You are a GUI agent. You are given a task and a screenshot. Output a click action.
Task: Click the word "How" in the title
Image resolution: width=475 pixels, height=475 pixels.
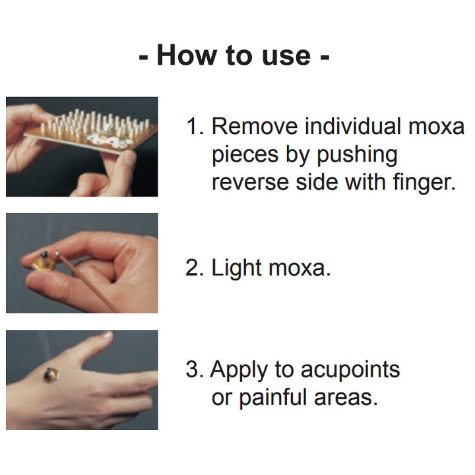pyautogui.click(x=187, y=55)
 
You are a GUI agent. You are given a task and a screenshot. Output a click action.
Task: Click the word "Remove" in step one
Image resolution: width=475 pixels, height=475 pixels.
pyautogui.click(x=255, y=126)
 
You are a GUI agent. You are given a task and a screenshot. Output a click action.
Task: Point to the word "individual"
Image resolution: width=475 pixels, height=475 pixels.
pyautogui.click(x=353, y=125)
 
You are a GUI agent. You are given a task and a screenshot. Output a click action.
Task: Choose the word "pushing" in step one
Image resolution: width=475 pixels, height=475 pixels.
pyautogui.click(x=357, y=156)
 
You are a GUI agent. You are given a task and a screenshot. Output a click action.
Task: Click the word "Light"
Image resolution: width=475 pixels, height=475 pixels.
pyautogui.click(x=236, y=268)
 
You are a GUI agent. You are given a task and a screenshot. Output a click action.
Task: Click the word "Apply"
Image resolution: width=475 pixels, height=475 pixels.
pyautogui.click(x=239, y=370)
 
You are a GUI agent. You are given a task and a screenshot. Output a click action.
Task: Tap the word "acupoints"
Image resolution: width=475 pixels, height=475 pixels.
pyautogui.click(x=350, y=370)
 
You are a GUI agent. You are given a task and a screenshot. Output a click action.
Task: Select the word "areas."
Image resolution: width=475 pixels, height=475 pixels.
pyautogui.click(x=346, y=398)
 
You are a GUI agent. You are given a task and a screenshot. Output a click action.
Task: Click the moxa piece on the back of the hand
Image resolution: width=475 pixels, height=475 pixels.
pyautogui.click(x=51, y=375)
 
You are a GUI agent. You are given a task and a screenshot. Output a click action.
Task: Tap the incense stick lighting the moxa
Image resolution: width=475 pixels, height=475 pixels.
pyautogui.click(x=86, y=281)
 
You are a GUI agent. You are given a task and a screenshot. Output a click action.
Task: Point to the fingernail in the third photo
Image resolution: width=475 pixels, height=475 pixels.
pyautogui.click(x=107, y=334)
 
